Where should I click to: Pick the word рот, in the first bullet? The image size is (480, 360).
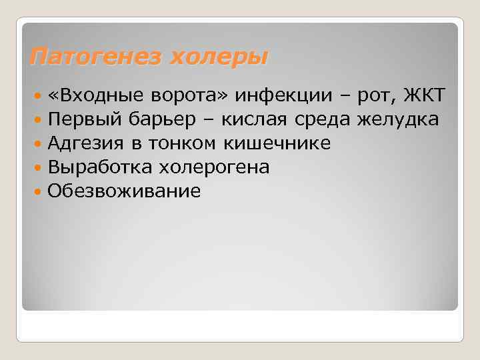point(377,97)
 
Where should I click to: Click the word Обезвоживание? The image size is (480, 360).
point(124,191)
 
